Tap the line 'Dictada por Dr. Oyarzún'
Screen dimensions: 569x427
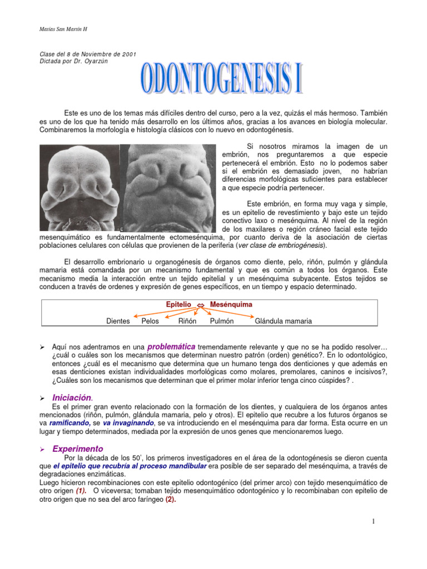[x=73, y=61]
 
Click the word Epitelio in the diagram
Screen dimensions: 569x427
[x=178, y=305]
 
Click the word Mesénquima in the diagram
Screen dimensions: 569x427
[x=231, y=305]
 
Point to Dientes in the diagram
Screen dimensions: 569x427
[x=118, y=321]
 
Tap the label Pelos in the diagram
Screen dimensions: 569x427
[x=151, y=321]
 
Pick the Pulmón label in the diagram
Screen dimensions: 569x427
[x=221, y=321]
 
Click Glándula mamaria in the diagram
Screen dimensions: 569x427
[x=283, y=321]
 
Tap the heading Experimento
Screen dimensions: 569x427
[x=78, y=448]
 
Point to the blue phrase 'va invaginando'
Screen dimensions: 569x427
[x=128, y=423]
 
